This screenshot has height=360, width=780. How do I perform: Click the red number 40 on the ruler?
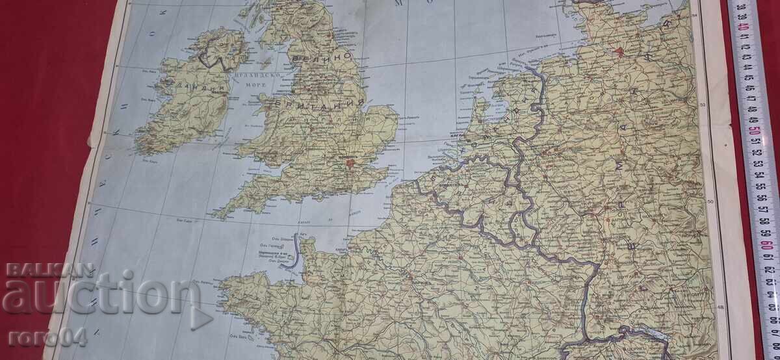click(743, 27)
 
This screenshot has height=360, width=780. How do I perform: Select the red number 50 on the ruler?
click(754, 131)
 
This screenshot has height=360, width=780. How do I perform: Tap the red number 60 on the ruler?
click(766, 235)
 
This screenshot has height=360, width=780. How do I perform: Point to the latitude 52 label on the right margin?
click(703, 106)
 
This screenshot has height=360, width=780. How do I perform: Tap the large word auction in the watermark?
click(97, 296)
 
